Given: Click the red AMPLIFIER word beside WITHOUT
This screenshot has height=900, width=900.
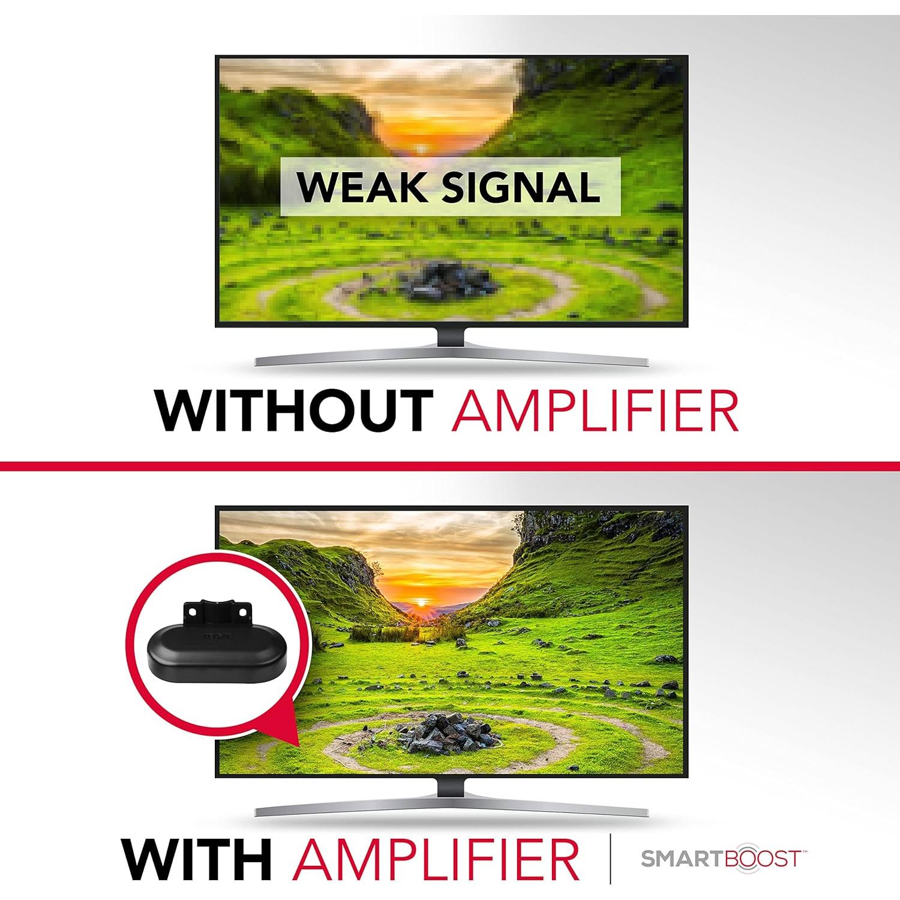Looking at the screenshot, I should (x=594, y=411).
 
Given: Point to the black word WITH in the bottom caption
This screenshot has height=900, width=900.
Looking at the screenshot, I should (x=196, y=859).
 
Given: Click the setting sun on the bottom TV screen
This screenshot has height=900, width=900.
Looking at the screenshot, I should (x=422, y=602).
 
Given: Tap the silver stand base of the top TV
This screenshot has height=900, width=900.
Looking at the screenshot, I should (x=451, y=359).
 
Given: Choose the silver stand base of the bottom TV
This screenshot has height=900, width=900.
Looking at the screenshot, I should (x=451, y=809).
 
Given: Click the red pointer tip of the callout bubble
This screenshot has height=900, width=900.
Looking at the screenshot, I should (x=294, y=742).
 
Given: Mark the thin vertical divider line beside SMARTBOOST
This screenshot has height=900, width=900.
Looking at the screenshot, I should (x=610, y=859).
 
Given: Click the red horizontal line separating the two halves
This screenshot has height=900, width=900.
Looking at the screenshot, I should (x=450, y=466).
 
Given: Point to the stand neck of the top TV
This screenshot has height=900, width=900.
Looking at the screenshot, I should (x=451, y=337).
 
